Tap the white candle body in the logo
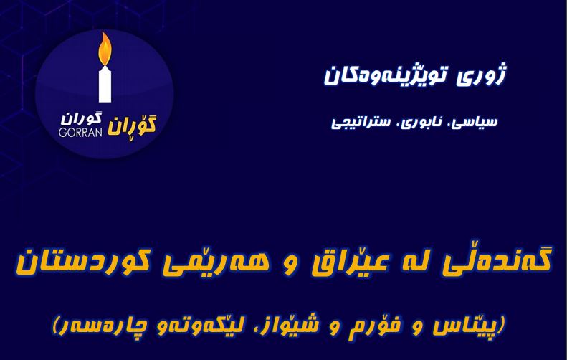(105, 84)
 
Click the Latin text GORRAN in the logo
(80, 132)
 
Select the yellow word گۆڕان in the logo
(132, 125)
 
